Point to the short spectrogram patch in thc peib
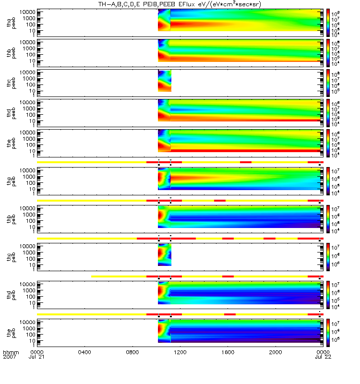point(165,255)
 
